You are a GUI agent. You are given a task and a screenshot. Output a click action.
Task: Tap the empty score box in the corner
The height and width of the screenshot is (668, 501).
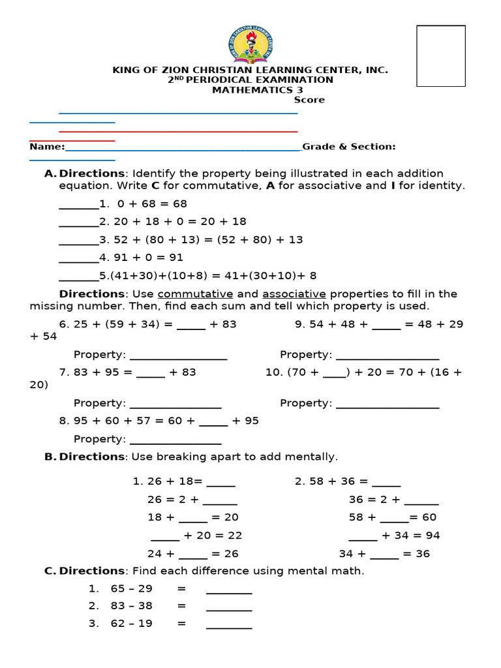pyautogui.click(x=440, y=56)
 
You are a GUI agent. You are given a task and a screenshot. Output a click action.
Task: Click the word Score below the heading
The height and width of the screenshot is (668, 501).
pyautogui.click(x=309, y=100)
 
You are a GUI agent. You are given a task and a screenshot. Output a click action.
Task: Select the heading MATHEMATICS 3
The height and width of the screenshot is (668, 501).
pyautogui.click(x=250, y=90)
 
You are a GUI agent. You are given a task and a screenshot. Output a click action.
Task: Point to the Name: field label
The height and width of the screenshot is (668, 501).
pyautogui.click(x=47, y=147)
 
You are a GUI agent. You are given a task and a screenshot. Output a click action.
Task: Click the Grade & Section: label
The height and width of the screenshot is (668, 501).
pyautogui.click(x=349, y=147)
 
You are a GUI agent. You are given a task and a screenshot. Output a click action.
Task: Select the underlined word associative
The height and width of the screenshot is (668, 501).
pyautogui.click(x=294, y=294)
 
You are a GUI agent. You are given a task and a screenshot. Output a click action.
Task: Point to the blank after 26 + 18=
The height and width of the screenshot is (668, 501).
pyautogui.click(x=220, y=484)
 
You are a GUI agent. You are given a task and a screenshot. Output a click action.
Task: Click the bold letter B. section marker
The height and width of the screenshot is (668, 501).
pyautogui.click(x=50, y=457)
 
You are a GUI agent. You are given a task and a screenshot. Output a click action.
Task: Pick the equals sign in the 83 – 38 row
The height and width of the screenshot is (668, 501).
pyautogui.click(x=181, y=606)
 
